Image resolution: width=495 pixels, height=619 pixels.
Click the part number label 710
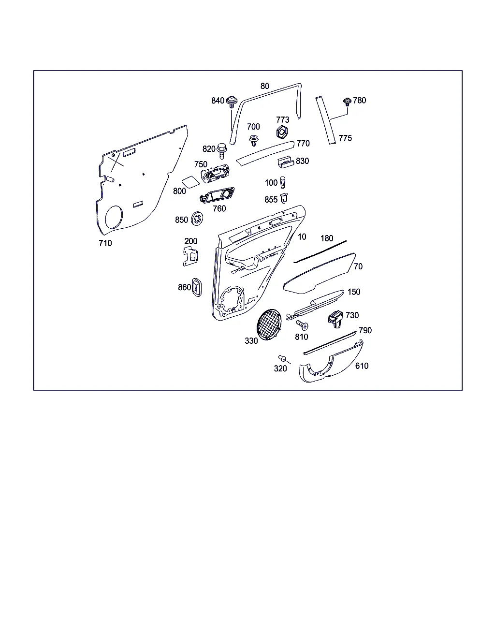[x=105, y=243]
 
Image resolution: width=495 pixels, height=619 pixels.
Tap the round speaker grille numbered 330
[x=269, y=324]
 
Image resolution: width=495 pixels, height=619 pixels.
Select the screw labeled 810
[x=302, y=325]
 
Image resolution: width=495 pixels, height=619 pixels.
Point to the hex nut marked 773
[x=282, y=132]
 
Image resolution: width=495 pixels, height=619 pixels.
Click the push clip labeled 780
[x=347, y=102]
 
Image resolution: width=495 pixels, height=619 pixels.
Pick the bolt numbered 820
[x=222, y=151]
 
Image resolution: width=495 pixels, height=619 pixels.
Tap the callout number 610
[x=362, y=366]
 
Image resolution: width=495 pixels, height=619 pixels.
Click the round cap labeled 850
[x=197, y=219]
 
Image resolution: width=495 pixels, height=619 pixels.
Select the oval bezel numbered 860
[x=196, y=287]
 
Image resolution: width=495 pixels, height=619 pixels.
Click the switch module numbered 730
[x=335, y=319]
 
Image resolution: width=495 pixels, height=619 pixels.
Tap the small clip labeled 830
[x=286, y=162]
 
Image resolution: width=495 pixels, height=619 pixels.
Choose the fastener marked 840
[x=232, y=102]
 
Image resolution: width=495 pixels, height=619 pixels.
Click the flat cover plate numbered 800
[x=190, y=182]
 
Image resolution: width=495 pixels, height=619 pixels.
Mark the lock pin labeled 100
[x=283, y=182]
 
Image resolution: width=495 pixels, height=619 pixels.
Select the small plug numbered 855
[x=284, y=198]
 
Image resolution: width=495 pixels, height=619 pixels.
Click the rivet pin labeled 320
[x=282, y=358]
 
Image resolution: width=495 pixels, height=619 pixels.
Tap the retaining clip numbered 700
[x=253, y=140]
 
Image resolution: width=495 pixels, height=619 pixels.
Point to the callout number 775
[x=345, y=138]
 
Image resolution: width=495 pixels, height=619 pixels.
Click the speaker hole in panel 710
[x=114, y=217]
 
